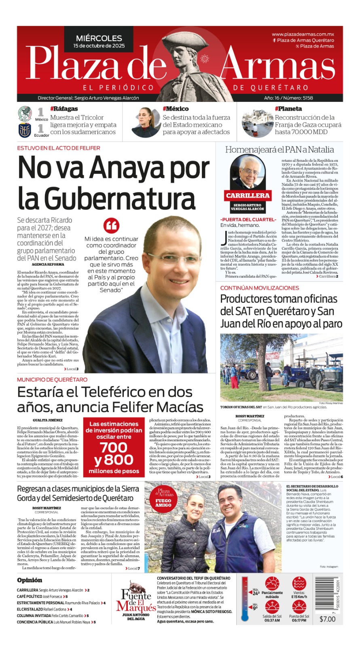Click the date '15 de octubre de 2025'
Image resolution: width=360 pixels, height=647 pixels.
(99, 46)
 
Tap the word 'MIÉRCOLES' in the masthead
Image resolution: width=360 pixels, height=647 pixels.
(99, 38)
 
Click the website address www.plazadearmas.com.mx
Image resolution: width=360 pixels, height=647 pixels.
(303, 34)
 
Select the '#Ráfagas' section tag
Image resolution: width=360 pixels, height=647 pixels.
(64, 109)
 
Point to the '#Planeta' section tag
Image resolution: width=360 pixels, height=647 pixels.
(288, 109)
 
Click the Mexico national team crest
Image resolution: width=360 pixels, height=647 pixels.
(25, 114)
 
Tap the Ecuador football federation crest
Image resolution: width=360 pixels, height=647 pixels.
(25, 130)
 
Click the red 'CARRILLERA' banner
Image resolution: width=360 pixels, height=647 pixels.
(248, 195)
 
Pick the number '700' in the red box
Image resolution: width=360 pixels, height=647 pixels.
(114, 447)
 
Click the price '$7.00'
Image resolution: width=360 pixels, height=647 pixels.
(327, 619)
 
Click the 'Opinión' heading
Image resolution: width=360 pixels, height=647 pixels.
(30, 580)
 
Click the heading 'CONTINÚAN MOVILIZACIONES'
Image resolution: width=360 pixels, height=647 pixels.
(260, 288)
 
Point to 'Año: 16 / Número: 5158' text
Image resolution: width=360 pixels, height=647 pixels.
(288, 98)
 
